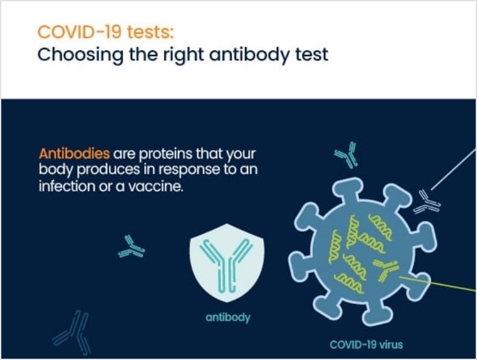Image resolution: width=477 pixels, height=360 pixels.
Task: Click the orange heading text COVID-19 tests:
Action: (105, 32)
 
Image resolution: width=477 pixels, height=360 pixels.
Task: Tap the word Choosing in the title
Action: (80, 56)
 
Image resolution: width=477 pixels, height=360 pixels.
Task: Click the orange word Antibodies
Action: (74, 154)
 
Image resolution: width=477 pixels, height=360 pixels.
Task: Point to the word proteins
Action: (166, 154)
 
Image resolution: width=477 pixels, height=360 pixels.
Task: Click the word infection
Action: (67, 186)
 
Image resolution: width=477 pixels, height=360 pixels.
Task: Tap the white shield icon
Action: (227, 262)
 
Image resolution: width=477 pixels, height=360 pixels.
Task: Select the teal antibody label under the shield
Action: (228, 318)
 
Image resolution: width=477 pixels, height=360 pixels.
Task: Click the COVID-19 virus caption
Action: (366, 345)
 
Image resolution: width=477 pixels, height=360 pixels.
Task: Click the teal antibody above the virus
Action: (346, 155)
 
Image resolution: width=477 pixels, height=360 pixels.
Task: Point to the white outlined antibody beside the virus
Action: (427, 201)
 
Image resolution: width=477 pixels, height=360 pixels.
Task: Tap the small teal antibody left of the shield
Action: (131, 246)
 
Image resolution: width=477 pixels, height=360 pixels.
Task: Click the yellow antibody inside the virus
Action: (386, 268)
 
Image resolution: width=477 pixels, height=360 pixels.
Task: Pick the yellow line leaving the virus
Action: (437, 284)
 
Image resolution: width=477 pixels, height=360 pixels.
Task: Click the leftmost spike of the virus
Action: (300, 264)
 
